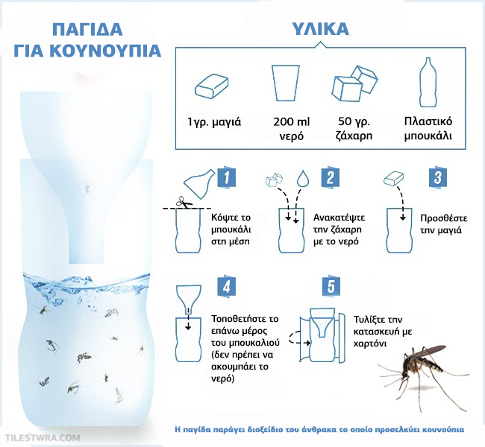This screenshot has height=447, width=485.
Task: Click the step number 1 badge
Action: tap(227, 178)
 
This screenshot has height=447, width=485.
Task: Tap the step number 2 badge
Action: tap(331, 178)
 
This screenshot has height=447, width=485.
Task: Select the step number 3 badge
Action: tap(438, 178)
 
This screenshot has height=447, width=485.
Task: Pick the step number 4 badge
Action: tap(227, 287)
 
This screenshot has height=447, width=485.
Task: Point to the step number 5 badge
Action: tap(331, 287)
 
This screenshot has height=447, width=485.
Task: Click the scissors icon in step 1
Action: tap(184, 203)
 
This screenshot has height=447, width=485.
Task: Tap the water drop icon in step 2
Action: tap(303, 178)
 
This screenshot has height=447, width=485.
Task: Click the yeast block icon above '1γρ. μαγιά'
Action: tap(212, 86)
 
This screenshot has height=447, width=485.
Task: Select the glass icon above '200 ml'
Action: tap(286, 83)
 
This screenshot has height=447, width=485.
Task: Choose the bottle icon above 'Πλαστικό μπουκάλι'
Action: tap(428, 82)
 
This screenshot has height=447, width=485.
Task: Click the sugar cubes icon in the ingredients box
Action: tap(354, 83)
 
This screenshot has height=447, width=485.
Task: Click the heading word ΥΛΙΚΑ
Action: tap(321, 29)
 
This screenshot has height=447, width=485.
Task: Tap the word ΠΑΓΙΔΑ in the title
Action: tap(87, 29)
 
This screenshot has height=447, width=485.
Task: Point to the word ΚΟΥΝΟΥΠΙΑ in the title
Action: tap(105, 51)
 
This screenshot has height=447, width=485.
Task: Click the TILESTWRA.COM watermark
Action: tap(43, 437)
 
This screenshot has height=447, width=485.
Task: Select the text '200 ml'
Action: tap(291, 121)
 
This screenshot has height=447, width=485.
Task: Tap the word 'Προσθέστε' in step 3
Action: tap(444, 218)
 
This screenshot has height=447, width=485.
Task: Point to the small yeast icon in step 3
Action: tap(394, 179)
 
